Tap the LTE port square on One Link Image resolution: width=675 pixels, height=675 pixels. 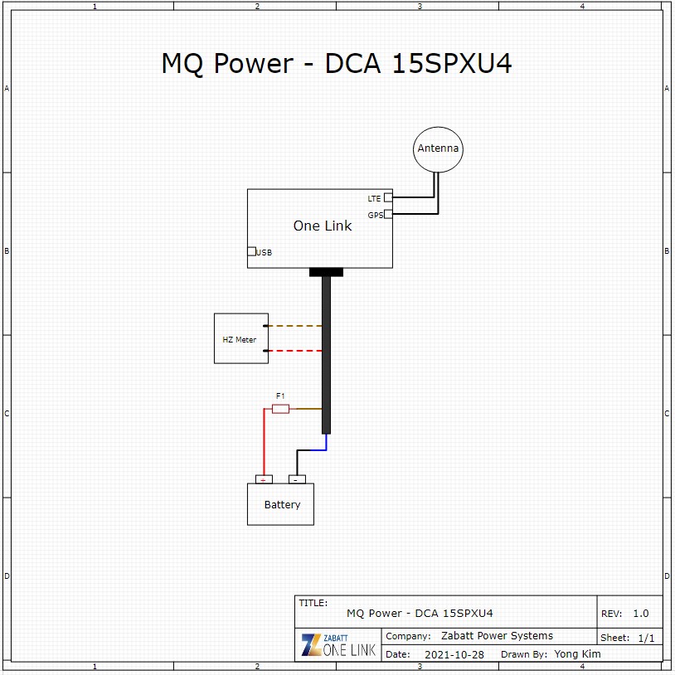(x=388, y=197)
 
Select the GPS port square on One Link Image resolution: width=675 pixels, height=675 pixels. (x=388, y=214)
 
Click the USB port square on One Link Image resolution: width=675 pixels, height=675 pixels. (x=252, y=251)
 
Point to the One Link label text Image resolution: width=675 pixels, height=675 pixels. (x=323, y=226)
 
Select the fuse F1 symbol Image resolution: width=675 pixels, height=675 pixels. (x=280, y=409)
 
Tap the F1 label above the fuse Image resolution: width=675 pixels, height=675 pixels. (x=280, y=396)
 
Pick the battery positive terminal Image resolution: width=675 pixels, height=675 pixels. (x=264, y=479)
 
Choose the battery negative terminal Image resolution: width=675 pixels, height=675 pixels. (x=297, y=479)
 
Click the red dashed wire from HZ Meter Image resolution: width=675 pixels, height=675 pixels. (x=295, y=351)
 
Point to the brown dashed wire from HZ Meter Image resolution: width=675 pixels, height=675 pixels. (x=295, y=326)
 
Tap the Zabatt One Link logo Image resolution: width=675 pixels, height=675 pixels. (x=339, y=645)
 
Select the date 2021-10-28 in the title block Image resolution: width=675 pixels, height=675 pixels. (x=454, y=655)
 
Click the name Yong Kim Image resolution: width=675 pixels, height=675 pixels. (x=577, y=654)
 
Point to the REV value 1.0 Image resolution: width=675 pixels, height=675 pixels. (x=640, y=614)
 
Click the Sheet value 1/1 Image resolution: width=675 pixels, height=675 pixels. (x=646, y=638)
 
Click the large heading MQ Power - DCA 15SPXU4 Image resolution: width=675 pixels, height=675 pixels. (x=337, y=63)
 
